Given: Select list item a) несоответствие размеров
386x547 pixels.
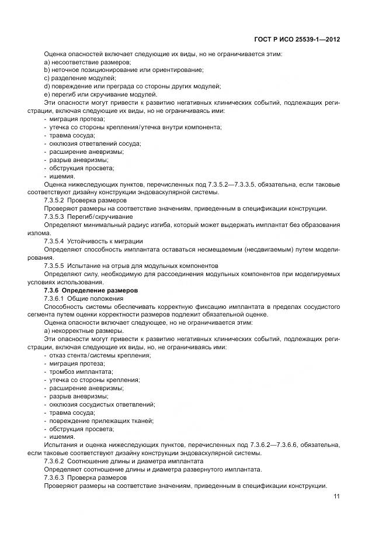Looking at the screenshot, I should [88, 63].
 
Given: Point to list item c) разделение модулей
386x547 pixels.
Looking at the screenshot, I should [81, 78].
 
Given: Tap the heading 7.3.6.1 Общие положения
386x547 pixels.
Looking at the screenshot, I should [82, 298].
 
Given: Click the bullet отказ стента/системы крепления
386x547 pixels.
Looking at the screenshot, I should [96, 355].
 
